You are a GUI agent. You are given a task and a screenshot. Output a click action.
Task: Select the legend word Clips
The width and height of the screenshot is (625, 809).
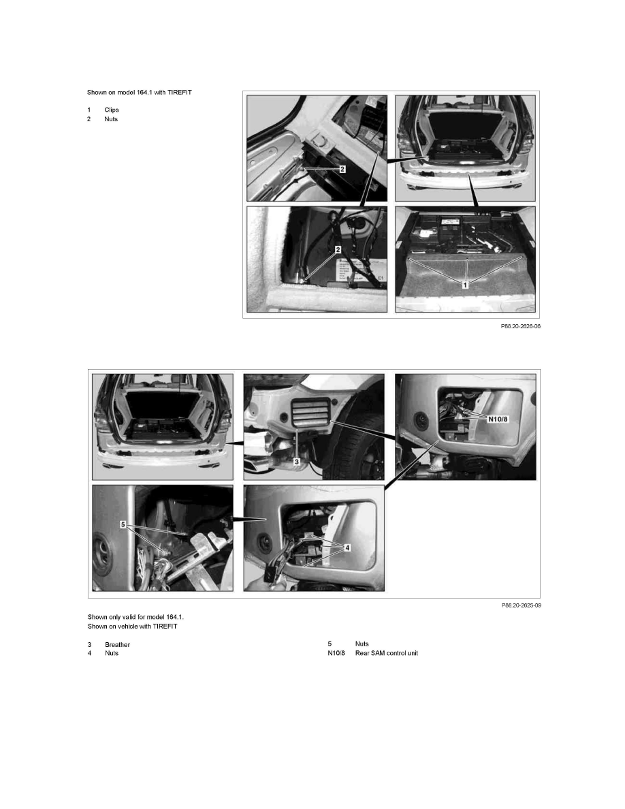coord(112,110)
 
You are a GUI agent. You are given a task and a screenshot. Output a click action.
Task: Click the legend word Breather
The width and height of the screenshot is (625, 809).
coord(117,644)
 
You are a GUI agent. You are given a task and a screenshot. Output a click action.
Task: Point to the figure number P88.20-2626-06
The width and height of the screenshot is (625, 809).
coord(521,326)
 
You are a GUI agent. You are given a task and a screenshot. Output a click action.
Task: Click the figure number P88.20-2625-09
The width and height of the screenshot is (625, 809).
coord(521,605)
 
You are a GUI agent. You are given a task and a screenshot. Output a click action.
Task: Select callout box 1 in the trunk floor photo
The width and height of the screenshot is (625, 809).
coord(465,285)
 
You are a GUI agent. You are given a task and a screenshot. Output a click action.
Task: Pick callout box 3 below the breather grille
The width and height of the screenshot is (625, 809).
coord(297,461)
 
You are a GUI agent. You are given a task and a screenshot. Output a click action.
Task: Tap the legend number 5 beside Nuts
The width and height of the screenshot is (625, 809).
coord(330,644)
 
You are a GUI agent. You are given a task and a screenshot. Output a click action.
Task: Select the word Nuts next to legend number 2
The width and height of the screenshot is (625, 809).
coord(111,119)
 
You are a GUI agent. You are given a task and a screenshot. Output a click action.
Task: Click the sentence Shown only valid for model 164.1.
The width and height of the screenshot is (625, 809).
coord(135,617)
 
